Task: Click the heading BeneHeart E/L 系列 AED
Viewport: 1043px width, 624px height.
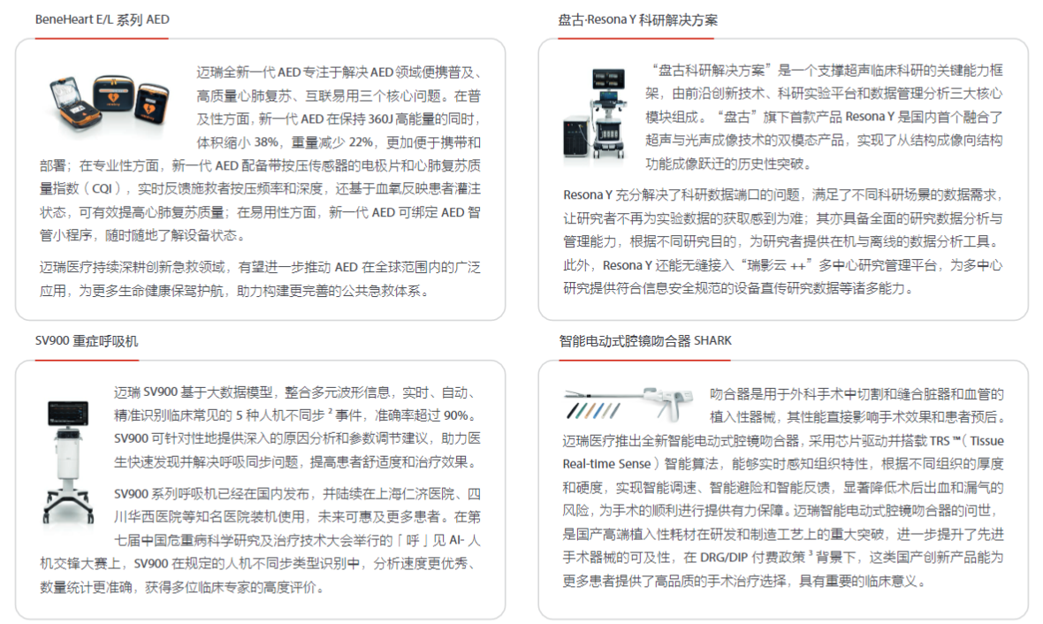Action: click(103, 19)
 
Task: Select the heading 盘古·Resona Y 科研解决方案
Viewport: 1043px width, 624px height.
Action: click(638, 20)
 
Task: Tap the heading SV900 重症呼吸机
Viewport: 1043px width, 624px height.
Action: click(87, 340)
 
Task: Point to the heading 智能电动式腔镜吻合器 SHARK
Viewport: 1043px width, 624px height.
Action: click(645, 340)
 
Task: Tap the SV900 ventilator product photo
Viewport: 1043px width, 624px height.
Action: click(68, 461)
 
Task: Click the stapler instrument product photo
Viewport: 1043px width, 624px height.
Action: click(628, 403)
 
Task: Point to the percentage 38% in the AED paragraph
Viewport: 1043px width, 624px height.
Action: click(266, 142)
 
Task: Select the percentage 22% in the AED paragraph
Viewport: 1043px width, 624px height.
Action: click(362, 142)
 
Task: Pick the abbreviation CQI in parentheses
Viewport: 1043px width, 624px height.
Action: click(103, 189)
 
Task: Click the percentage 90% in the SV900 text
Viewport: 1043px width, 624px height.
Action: click(456, 415)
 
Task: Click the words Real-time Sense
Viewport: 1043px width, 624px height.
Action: click(606, 464)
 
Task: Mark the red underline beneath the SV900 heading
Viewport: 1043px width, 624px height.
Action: click(87, 360)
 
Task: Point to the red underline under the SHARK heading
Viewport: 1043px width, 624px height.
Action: click(644, 360)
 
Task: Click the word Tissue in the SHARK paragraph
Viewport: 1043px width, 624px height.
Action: click(986, 441)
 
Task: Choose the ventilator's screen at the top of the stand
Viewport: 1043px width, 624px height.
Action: click(68, 413)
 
